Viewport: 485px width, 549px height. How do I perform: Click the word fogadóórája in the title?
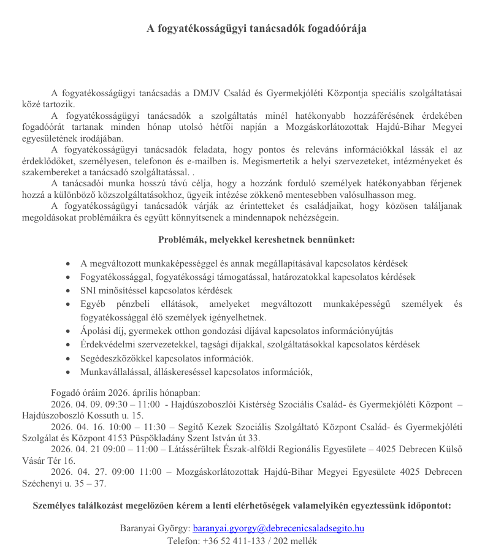coord(337,28)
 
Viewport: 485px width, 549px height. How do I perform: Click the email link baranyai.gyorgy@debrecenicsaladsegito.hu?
coord(278,528)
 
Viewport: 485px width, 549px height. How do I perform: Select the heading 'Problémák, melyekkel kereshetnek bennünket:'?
coord(256,240)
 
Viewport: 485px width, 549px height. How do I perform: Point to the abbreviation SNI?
coord(89,290)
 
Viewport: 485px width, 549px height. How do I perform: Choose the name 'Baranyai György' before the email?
coord(154,528)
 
